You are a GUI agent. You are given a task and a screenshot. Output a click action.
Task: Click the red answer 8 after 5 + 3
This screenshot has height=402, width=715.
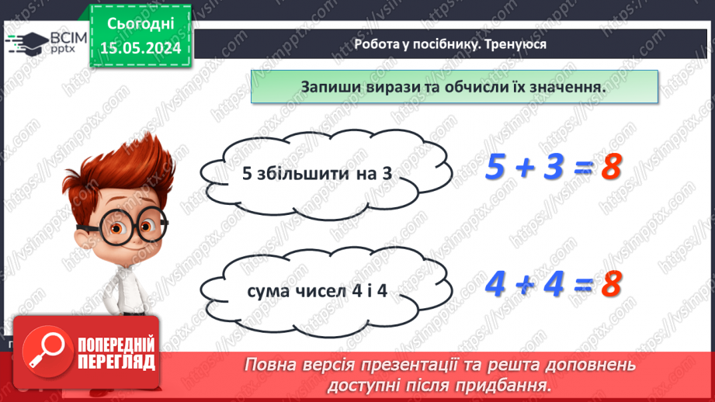tap(613, 168)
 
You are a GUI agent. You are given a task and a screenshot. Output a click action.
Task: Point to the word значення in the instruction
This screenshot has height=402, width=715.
tap(561, 87)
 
